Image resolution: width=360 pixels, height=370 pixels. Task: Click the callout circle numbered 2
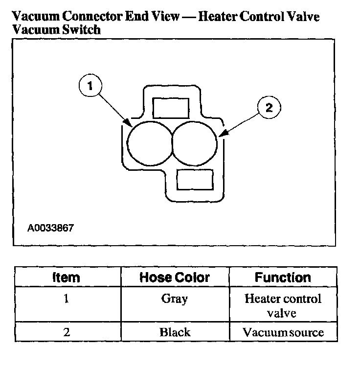268,108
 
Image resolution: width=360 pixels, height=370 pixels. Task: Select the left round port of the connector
149,142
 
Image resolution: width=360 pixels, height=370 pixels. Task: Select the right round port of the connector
195,142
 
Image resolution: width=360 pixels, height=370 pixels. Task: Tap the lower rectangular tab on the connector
194,180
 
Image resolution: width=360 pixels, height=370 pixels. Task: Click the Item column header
66,277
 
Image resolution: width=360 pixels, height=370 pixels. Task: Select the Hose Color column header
175,277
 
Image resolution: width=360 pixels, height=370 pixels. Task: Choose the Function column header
283,277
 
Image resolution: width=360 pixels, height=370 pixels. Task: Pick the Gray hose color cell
175,299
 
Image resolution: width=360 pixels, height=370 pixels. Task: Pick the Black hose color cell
175,332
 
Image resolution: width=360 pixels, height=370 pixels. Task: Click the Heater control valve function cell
283,305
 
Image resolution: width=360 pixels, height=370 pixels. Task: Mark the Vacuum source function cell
283,332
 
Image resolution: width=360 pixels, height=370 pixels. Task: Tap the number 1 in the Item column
66,299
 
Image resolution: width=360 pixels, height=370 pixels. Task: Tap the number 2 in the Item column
66,332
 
